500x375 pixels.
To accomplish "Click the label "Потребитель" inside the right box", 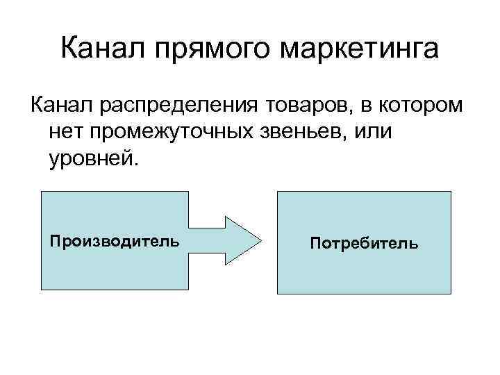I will tap(365, 244).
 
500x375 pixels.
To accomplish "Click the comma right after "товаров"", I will tap(351, 111).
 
